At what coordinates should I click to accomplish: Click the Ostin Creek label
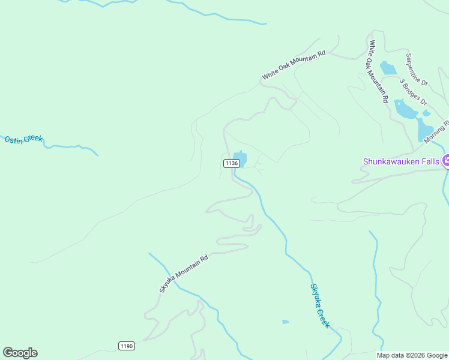[24, 139]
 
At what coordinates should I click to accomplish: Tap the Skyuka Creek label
[320, 305]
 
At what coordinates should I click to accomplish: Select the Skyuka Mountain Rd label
[184, 274]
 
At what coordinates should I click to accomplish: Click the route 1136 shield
[232, 163]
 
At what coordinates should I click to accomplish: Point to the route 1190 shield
[126, 346]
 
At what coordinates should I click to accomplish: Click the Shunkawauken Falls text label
[401, 161]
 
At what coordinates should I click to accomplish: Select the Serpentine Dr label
[416, 70]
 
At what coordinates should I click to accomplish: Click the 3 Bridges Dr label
[412, 91]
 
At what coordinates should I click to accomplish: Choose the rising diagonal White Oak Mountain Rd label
[294, 65]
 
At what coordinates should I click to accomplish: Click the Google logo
[20, 353]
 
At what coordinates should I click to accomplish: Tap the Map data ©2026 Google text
[412, 355]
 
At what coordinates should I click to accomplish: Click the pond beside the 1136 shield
[240, 159]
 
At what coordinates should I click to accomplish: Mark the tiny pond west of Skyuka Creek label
[286, 322]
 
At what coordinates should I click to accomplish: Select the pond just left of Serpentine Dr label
[388, 68]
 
